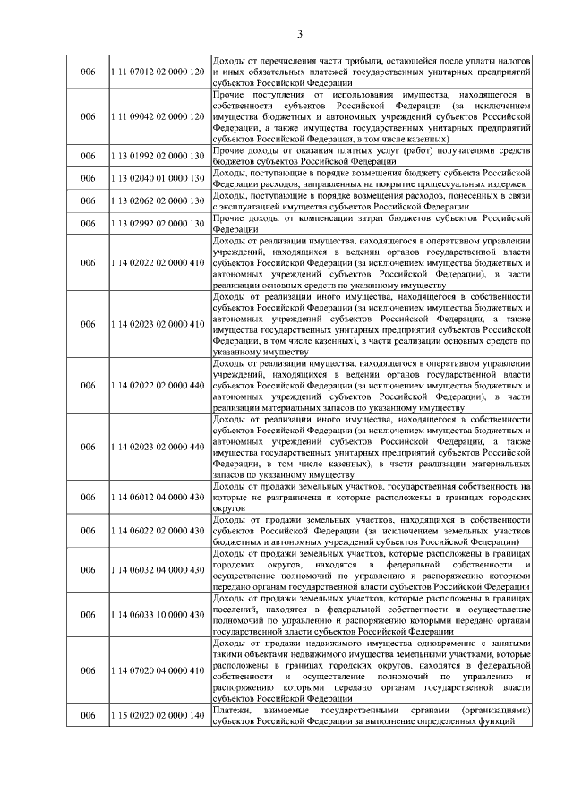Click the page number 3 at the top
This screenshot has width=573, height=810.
(300, 34)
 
